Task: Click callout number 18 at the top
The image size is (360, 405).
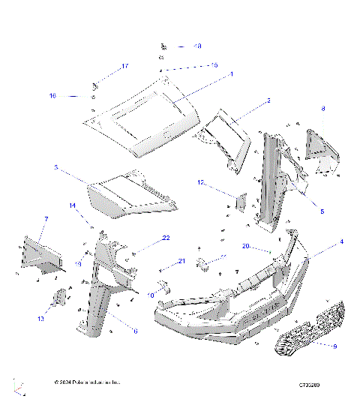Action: click(197, 46)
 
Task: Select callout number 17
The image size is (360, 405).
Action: click(125, 67)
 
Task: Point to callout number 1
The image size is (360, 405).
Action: click(231, 74)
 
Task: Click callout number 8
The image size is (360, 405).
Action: click(323, 109)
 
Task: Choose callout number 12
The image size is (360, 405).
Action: click(201, 182)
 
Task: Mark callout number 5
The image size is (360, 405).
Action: click(322, 212)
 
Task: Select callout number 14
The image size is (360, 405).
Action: click(73, 205)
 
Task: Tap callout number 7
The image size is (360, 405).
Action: click(46, 219)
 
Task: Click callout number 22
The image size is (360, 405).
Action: click(166, 238)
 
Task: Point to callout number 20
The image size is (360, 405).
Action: click(245, 245)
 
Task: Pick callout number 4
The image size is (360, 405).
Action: click(341, 241)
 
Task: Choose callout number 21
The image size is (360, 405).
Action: click(181, 261)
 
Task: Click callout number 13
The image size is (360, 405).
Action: click(41, 319)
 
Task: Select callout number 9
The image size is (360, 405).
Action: click(334, 346)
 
